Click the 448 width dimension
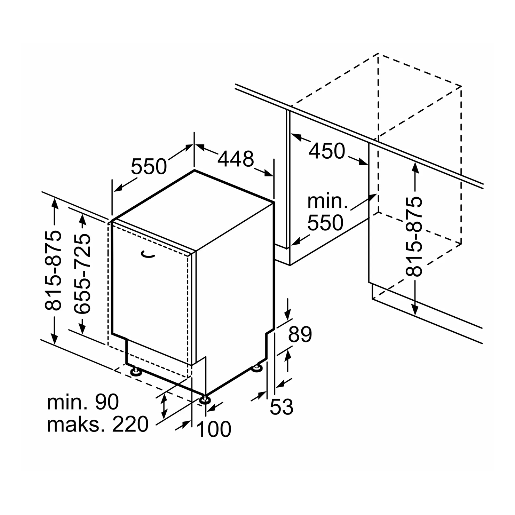236,159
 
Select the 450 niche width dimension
327,151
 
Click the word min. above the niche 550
327,201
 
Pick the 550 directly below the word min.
325,223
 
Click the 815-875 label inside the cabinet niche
414,236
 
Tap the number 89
300,335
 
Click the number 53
282,407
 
